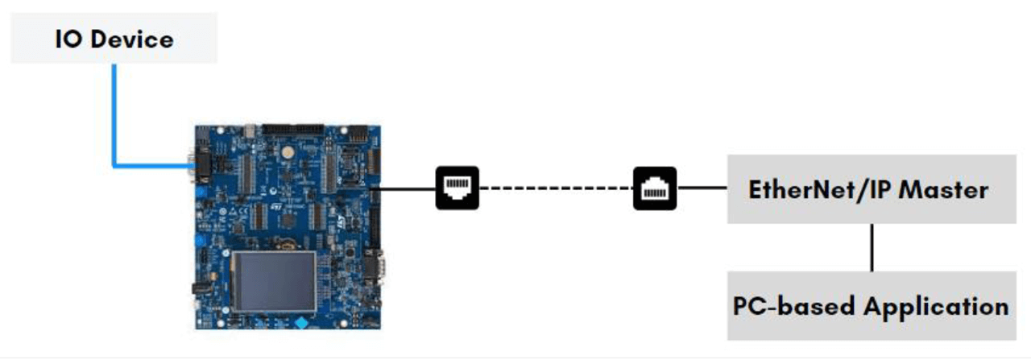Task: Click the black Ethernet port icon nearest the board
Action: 457,188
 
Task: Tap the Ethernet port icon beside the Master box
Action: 654,188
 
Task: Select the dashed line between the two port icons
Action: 556,188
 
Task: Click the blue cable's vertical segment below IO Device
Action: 114,113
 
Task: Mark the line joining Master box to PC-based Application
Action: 872,247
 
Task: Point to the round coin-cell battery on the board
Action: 287,151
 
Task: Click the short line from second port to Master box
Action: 702,188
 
